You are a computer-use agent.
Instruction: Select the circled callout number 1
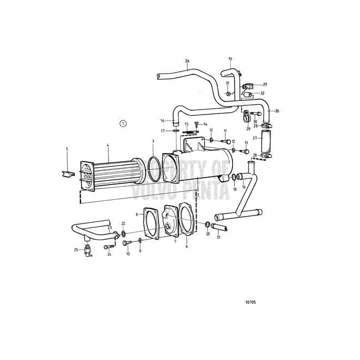tap(123, 123)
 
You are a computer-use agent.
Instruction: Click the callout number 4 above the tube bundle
tap(108, 145)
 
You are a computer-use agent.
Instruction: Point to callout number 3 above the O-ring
tap(153, 141)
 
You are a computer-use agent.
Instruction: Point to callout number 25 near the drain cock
tap(76, 249)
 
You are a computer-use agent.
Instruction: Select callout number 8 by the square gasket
tap(136, 214)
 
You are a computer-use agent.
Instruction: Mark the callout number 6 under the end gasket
tap(187, 246)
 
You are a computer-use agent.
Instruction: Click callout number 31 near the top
tap(228, 83)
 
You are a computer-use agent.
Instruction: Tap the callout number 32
tap(262, 94)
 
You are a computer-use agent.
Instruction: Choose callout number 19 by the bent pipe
tap(244, 187)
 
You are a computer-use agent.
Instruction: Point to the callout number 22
tap(123, 223)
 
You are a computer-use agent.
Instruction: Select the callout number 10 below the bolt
tap(128, 254)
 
